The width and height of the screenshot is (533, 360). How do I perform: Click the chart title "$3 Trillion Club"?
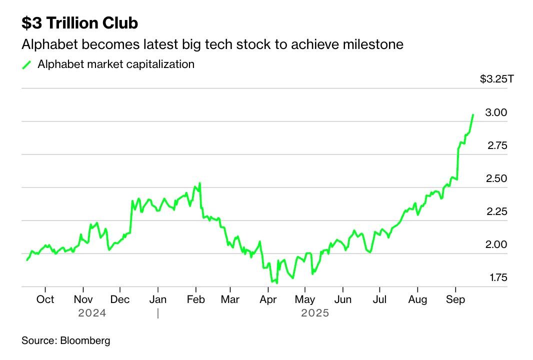click(x=79, y=23)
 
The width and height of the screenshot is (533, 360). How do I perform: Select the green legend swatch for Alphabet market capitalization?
click(x=27, y=64)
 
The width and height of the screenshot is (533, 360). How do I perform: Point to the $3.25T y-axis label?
click(x=493, y=79)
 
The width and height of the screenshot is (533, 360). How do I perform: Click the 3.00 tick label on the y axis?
click(x=496, y=112)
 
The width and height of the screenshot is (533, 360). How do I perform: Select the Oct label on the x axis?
click(x=45, y=299)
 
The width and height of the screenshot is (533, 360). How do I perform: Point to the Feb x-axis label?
click(x=195, y=299)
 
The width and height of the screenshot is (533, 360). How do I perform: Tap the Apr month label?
click(x=268, y=299)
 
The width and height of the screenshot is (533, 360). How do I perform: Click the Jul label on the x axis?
click(x=379, y=299)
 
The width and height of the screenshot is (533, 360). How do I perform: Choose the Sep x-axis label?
click(x=455, y=299)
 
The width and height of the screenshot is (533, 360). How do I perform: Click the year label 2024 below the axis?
click(x=92, y=313)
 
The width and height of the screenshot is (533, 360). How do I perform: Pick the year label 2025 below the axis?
click(x=315, y=313)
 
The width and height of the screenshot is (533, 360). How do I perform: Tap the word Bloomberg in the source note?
click(x=85, y=341)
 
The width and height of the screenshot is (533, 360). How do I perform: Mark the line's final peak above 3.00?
click(x=473, y=115)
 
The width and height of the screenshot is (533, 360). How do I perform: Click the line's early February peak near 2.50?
click(x=199, y=183)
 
